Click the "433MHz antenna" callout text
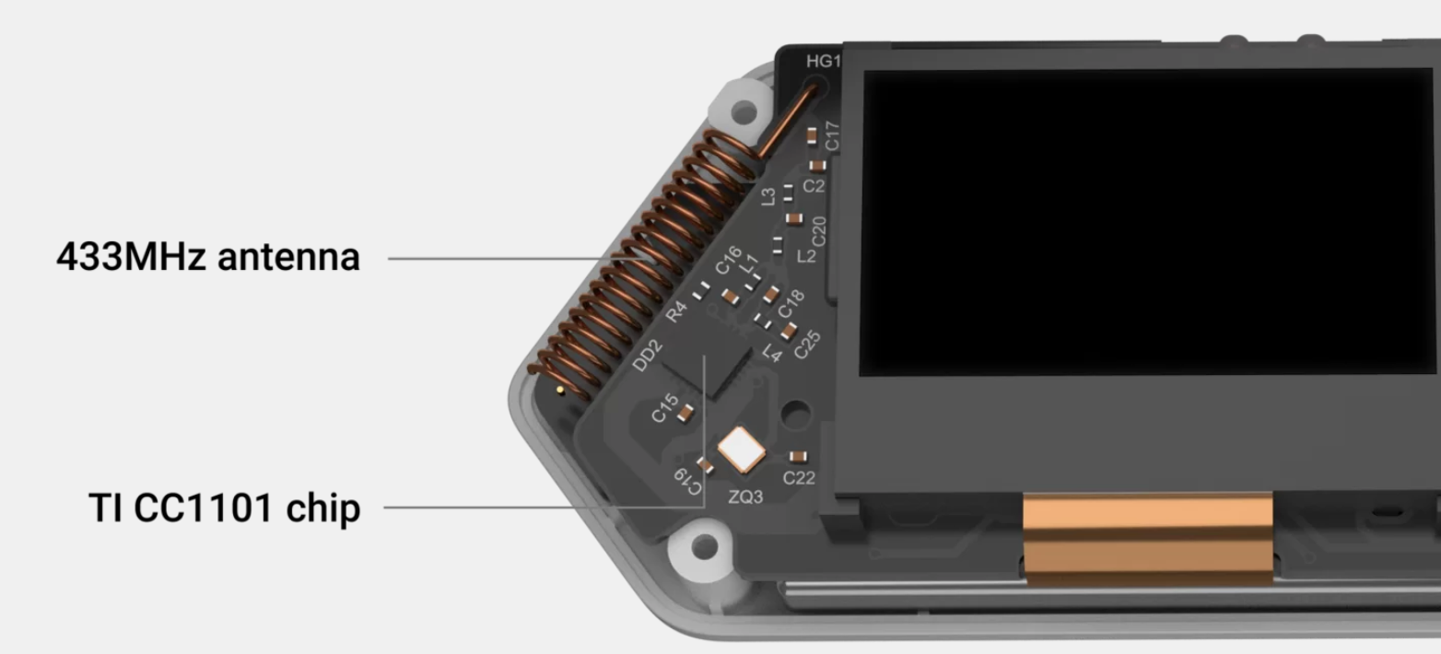click(x=208, y=257)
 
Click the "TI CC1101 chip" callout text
click(x=225, y=508)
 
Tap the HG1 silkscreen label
click(x=824, y=61)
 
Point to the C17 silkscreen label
click(x=832, y=136)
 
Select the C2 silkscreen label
click(x=814, y=186)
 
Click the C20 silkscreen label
click(x=818, y=231)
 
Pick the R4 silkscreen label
click(x=676, y=312)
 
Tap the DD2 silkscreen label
click(x=647, y=355)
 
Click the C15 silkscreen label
click(x=664, y=408)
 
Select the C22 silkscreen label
click(x=799, y=478)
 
